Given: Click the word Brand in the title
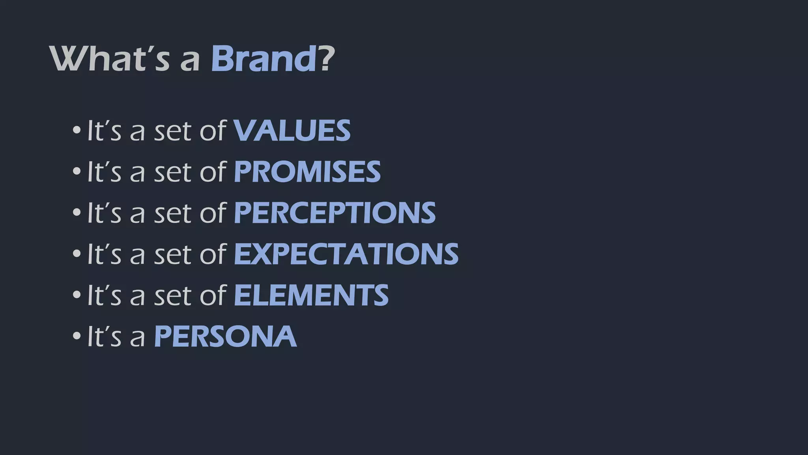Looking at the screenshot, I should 264,59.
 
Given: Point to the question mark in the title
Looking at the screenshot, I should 326,59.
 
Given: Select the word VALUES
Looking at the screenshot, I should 292,131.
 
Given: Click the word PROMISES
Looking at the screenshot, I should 307,172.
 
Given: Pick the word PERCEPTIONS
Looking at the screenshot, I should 335,213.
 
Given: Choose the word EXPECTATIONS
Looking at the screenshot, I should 346,254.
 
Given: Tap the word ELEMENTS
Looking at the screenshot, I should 311,295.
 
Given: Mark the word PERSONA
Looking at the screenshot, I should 225,337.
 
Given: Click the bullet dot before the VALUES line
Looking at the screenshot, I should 77,130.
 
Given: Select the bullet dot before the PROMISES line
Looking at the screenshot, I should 77,171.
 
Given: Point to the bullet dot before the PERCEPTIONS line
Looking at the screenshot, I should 77,212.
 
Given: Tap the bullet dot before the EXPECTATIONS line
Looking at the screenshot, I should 77,254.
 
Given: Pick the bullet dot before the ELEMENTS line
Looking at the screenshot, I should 77,295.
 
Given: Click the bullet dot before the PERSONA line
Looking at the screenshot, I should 77,336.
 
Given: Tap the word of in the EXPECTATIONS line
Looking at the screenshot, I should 213,254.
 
